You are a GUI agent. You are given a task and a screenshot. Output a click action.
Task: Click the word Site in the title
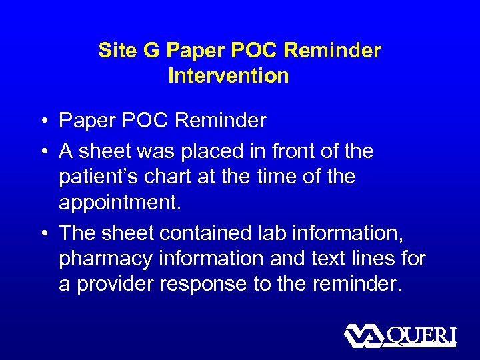pos(115,51)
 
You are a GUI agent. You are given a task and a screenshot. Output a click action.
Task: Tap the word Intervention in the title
pos(229,76)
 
